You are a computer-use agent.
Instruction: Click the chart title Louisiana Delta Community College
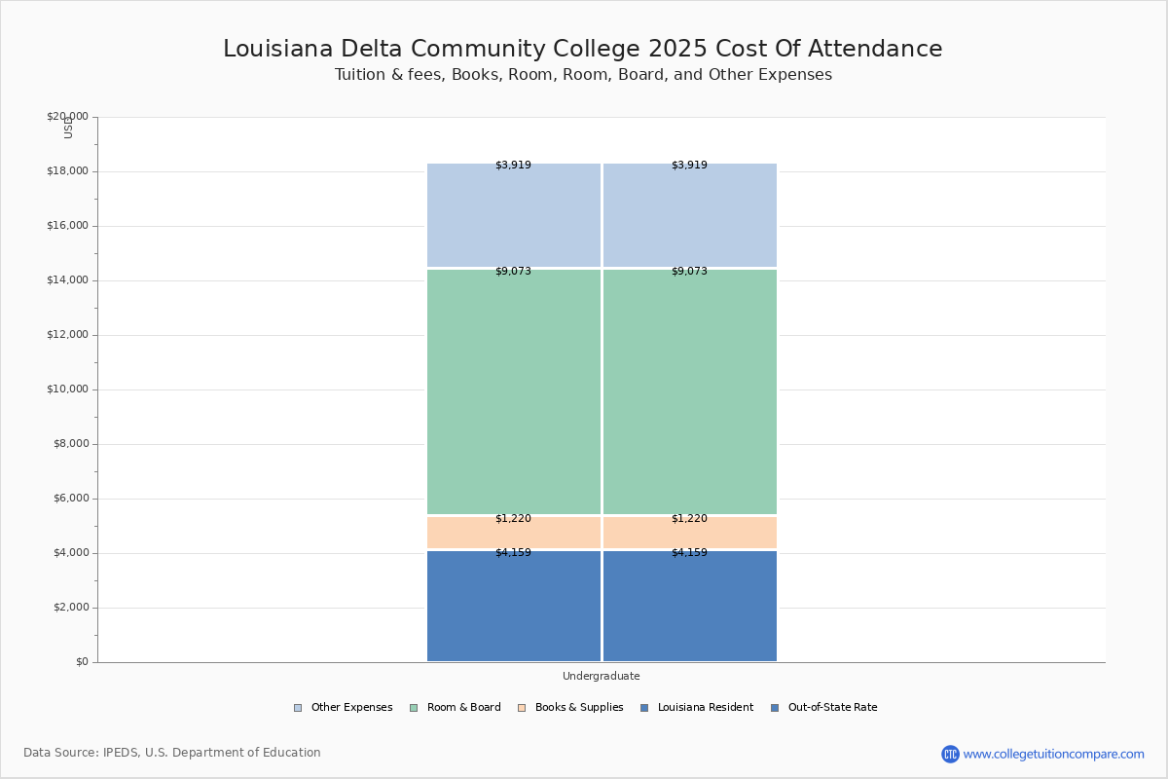click(x=582, y=49)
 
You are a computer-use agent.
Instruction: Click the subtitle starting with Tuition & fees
click(x=583, y=75)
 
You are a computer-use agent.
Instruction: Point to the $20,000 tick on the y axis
click(x=67, y=117)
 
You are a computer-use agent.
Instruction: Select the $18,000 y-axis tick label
click(x=67, y=171)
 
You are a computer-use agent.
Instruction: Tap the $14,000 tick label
click(x=67, y=280)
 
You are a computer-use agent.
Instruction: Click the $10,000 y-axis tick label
click(x=67, y=389)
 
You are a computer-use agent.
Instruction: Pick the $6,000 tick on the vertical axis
click(x=70, y=499)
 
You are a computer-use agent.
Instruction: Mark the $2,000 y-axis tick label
click(x=70, y=608)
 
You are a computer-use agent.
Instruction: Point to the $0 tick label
click(x=81, y=662)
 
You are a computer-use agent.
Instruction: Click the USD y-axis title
click(x=68, y=128)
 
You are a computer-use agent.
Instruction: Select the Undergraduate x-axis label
click(x=601, y=676)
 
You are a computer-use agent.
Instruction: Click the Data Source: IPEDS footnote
click(x=172, y=753)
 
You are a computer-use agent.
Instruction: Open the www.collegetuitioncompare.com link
click(x=1053, y=754)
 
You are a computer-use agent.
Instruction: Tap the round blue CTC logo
click(x=950, y=754)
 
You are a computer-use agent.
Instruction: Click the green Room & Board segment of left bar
click(x=514, y=391)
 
